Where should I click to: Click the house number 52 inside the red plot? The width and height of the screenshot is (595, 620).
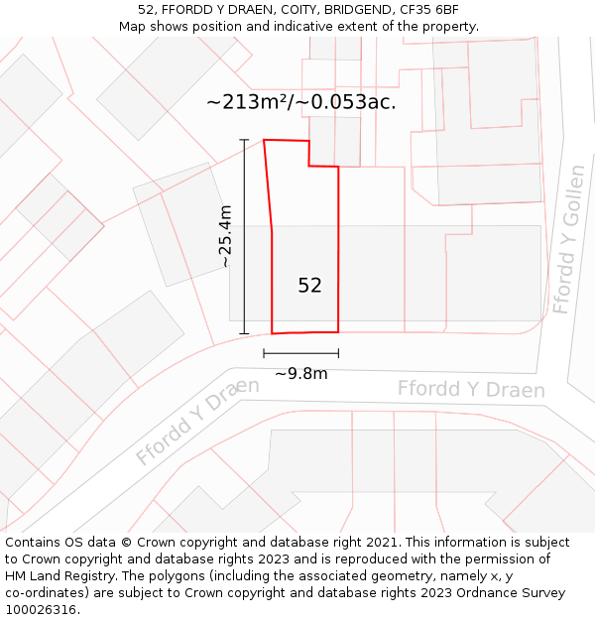point(309,286)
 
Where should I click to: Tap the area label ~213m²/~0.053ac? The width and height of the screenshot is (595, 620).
point(301,101)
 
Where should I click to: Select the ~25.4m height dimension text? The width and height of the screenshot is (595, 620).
point(225,236)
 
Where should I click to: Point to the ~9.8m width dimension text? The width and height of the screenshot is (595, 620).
point(300,374)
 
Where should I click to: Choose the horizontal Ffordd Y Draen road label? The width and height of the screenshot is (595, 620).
point(471,389)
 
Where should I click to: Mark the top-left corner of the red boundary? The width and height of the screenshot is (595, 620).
point(264,140)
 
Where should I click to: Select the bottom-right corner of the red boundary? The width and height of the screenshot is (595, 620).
point(338,331)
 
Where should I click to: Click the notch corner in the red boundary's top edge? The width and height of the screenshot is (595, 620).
point(308,166)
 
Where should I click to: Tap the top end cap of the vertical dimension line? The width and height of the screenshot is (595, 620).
point(244,140)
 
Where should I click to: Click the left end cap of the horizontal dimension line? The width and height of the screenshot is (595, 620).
point(264,352)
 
